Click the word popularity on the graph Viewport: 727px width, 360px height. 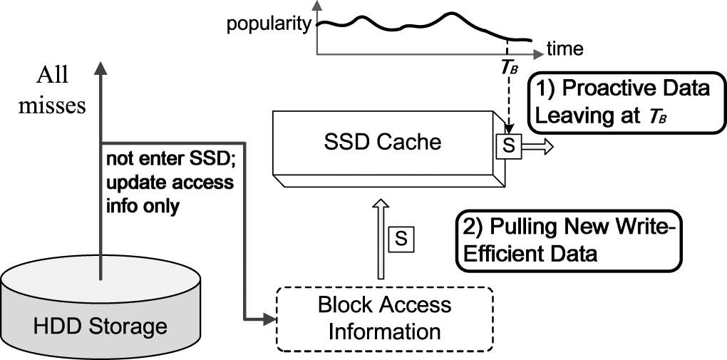point(269,25)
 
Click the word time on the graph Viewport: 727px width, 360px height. point(564,49)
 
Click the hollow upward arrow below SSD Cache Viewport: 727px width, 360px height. point(378,239)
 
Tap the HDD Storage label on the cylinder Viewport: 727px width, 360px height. point(100,326)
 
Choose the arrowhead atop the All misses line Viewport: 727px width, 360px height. point(100,68)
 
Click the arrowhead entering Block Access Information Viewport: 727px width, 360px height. point(269,318)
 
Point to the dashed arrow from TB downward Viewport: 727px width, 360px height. point(507,100)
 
